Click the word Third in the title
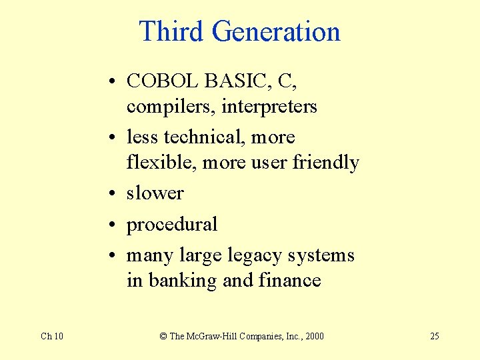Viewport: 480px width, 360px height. pyautogui.click(x=171, y=31)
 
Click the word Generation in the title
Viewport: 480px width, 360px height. pyautogui.click(x=276, y=31)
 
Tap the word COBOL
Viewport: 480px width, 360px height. pyautogui.click(x=163, y=81)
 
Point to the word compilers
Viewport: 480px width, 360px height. pyautogui.click(x=163, y=107)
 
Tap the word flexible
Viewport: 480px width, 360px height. pyautogui.click(x=161, y=163)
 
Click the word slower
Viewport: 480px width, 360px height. pyautogui.click(x=155, y=193)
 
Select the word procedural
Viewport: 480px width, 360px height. pyautogui.click(x=172, y=225)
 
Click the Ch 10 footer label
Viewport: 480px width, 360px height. pyautogui.click(x=52, y=336)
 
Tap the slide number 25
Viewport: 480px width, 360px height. pyautogui.click(x=434, y=336)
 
